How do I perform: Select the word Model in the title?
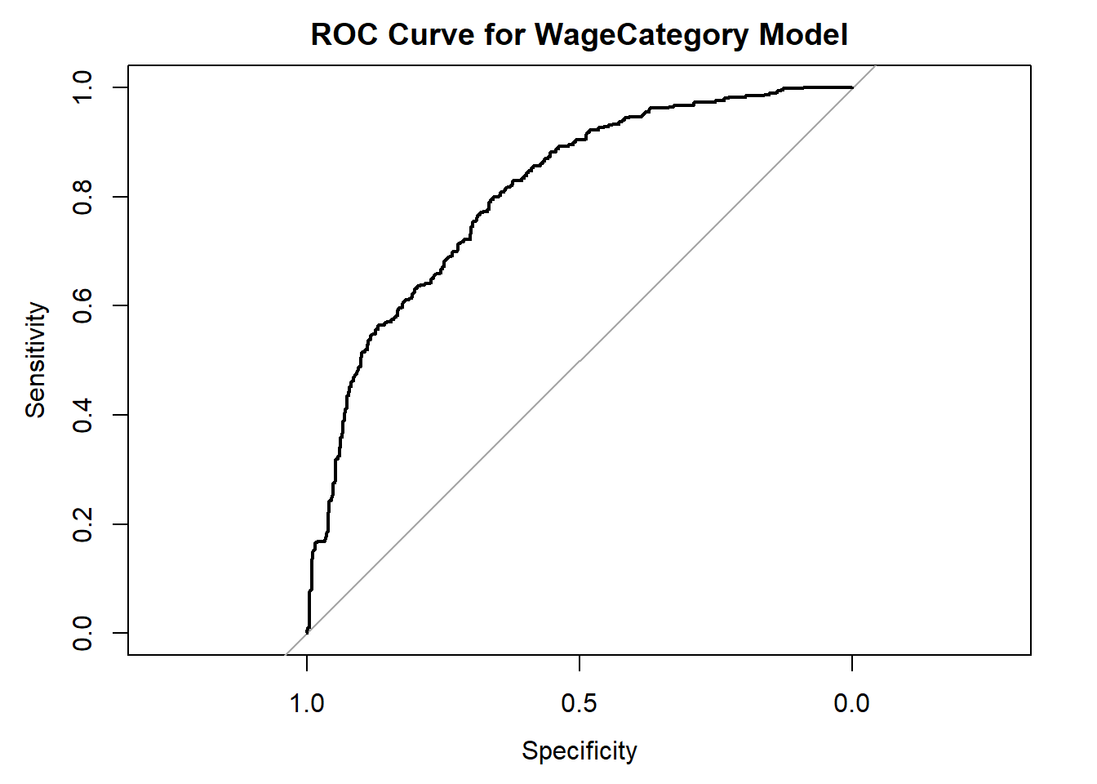[803, 35]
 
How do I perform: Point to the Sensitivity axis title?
[35, 360]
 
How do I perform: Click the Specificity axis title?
[580, 751]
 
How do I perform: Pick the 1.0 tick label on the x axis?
[307, 703]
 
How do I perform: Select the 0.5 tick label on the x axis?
[580, 703]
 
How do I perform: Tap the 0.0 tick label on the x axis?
[852, 703]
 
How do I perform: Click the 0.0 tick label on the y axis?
[82, 633]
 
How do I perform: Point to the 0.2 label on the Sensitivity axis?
[82, 523]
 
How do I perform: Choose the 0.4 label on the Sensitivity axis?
[82, 415]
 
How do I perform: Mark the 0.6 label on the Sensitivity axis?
[82, 305]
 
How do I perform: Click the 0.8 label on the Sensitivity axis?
[82, 197]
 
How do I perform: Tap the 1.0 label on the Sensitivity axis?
[82, 87]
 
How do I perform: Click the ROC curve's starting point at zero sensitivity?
[307, 632]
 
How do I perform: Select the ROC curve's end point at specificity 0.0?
[852, 87]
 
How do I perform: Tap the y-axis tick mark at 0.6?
[120, 305]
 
